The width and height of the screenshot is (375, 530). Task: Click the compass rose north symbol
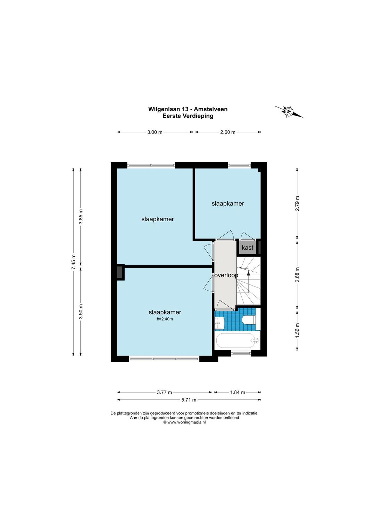tap(289, 111)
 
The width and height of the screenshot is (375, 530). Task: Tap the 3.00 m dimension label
tap(155, 132)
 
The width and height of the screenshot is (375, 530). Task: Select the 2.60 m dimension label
tap(228, 132)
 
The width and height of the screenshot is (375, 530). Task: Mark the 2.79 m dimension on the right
tap(297, 204)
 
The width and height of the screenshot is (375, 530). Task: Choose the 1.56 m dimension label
tap(297, 330)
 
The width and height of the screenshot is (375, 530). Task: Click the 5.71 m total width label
tap(189, 400)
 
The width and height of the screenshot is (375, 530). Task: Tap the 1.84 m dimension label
tap(237, 392)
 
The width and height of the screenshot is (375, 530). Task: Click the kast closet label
tap(247, 248)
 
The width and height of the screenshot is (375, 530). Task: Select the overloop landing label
tap(226, 275)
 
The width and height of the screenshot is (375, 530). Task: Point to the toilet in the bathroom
tap(249, 320)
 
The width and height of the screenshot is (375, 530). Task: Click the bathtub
tap(237, 341)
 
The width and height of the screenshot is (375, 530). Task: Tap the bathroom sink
tap(219, 323)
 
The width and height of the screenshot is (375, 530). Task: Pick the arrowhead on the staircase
tap(248, 274)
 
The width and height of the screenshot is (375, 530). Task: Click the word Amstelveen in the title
tap(211, 109)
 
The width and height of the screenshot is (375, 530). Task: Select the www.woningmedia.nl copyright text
tap(184, 422)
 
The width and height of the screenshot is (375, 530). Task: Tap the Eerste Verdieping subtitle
tap(188, 116)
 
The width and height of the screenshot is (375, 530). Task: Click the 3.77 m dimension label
tap(164, 392)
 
